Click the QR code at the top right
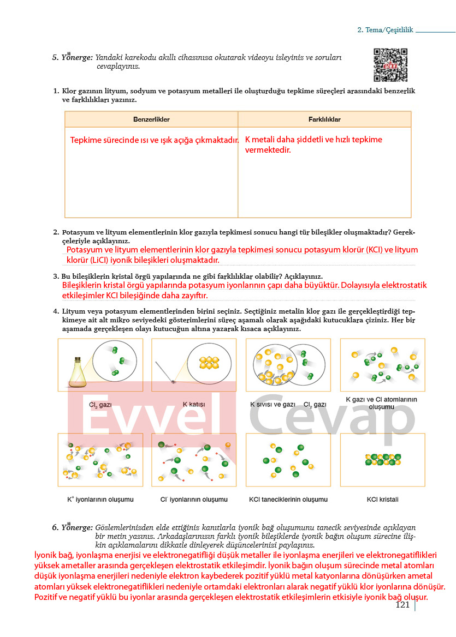click(x=390, y=65)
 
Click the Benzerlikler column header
click(x=151, y=119)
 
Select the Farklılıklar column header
click(x=324, y=119)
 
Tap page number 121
click(x=402, y=604)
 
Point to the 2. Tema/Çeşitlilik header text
click(x=385, y=31)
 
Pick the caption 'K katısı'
click(x=193, y=405)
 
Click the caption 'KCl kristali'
click(x=382, y=499)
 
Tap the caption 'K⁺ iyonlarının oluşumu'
click(x=100, y=499)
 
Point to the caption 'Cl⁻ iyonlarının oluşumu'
click(x=194, y=499)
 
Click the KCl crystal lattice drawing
click(x=382, y=460)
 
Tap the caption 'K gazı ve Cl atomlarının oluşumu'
click(x=382, y=403)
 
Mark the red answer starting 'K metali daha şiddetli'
click(x=313, y=145)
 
